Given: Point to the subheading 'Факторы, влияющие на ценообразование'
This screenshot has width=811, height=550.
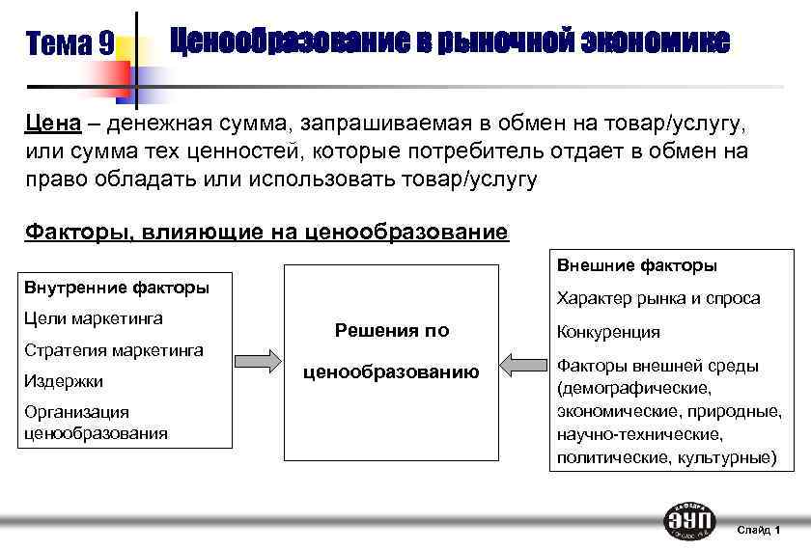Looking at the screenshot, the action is point(266,232).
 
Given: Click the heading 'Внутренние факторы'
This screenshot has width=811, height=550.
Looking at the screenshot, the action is point(116,288).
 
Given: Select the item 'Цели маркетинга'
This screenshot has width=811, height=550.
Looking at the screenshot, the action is point(93,318).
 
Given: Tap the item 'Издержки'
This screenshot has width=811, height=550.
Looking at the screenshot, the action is point(64,381).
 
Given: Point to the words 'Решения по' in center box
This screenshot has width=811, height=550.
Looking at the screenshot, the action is point(391,331).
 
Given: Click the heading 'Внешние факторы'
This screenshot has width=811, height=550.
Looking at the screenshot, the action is point(636,265).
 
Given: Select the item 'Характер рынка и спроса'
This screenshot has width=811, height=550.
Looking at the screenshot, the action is point(657,298).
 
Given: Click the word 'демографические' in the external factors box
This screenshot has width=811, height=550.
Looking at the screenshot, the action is point(633,389).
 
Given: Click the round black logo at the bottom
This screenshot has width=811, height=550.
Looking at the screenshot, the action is point(689,520).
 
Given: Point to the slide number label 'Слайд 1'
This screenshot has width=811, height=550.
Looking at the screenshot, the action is point(759,530).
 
